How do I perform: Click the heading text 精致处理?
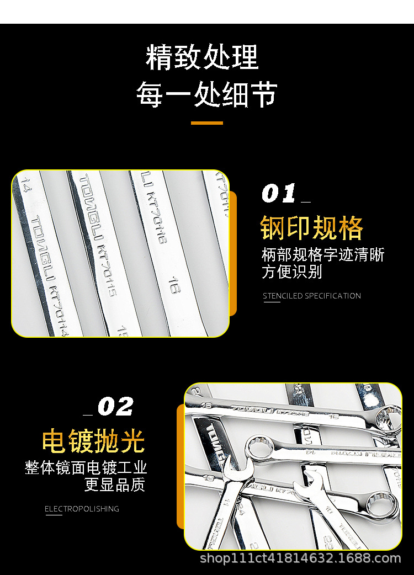click(202, 57)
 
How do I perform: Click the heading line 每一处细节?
click(206, 94)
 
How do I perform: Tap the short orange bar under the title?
click(207, 123)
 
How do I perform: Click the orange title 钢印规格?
click(312, 227)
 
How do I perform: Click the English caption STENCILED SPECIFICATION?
click(311, 296)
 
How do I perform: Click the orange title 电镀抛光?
click(93, 441)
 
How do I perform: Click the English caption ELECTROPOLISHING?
click(82, 509)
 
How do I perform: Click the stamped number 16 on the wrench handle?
click(172, 287)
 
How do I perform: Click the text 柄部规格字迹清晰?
click(322, 255)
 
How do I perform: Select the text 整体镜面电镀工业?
click(86, 468)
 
